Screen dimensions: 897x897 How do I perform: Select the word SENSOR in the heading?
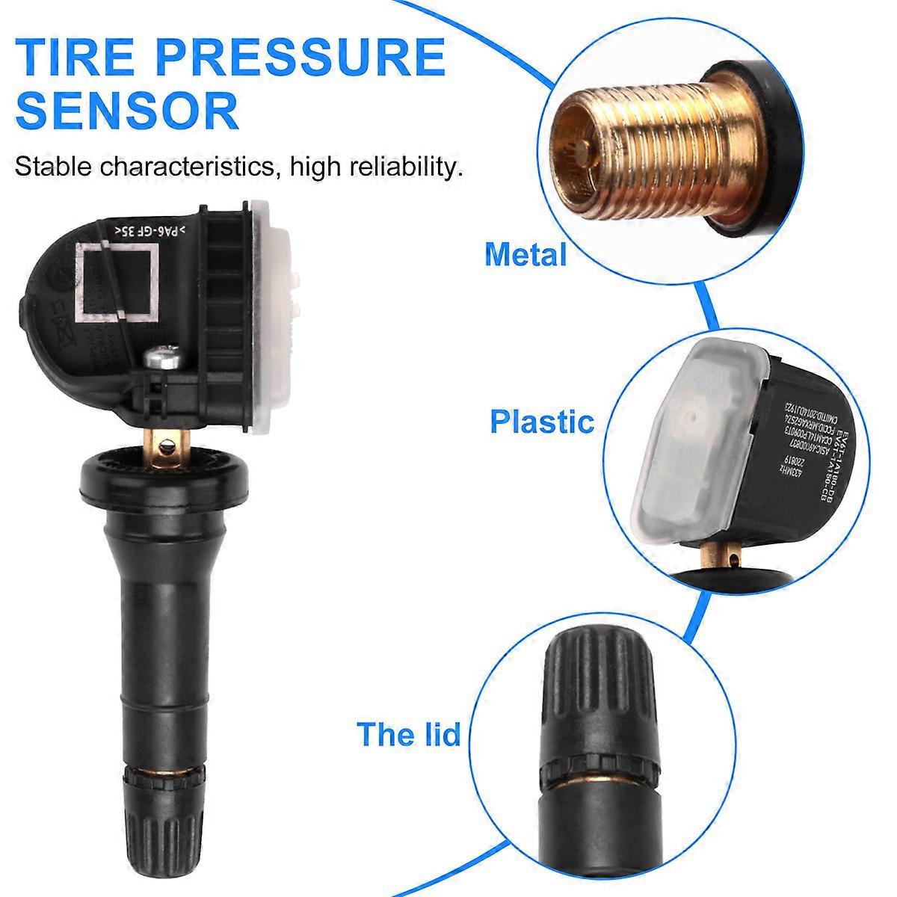coord(127,111)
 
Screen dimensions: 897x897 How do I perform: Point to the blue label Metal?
coord(525,255)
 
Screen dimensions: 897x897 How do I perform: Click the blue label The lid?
coord(408,734)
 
